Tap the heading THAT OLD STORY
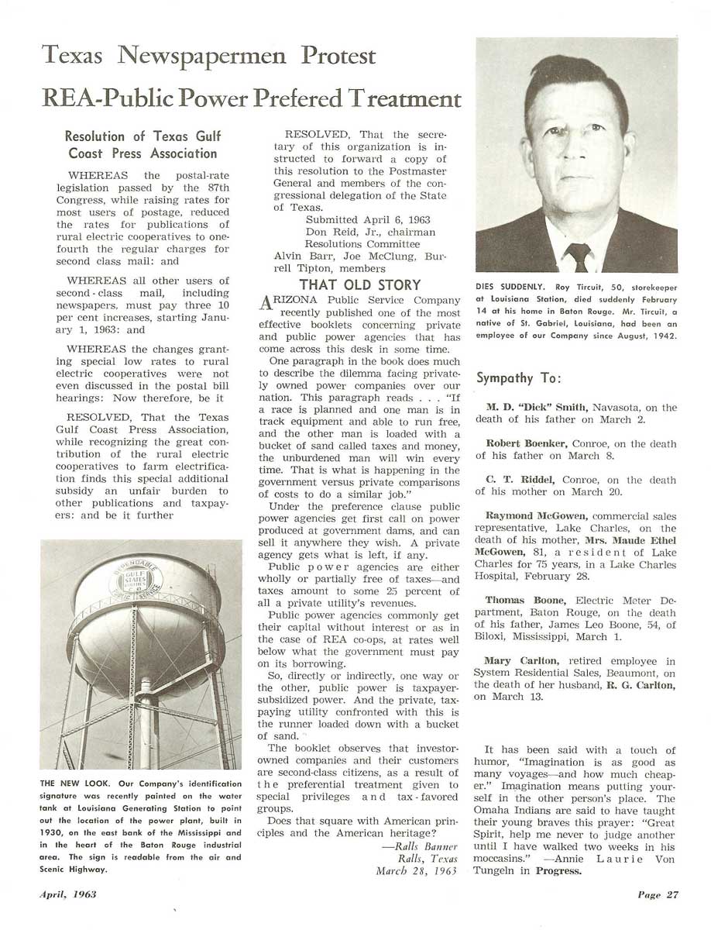pos(360,284)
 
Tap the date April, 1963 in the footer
pos(69,894)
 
